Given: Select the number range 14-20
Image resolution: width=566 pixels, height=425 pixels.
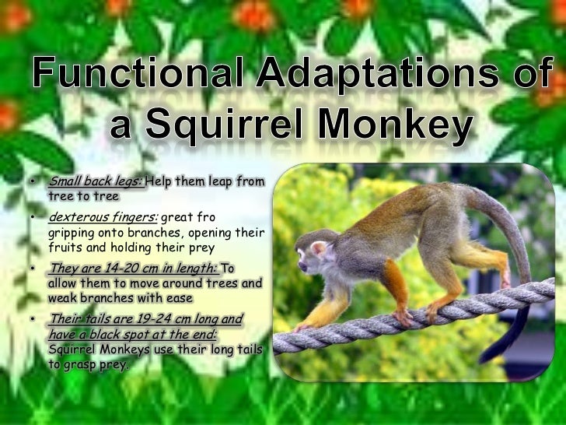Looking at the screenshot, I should click(115, 269).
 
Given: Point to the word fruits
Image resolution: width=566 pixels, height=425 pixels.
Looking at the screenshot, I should click(63, 248).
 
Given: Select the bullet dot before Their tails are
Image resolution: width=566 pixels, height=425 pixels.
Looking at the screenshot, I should click(33, 320).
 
